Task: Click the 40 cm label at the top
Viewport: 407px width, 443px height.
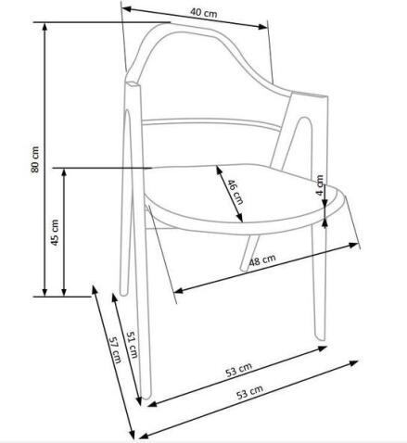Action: click(203, 13)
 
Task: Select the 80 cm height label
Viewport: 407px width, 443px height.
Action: click(35, 159)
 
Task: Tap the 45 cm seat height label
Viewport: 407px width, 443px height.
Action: click(55, 233)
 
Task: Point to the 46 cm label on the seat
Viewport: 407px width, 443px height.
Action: click(235, 192)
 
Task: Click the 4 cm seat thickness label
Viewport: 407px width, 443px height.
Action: click(320, 185)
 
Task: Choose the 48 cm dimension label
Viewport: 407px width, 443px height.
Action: click(262, 260)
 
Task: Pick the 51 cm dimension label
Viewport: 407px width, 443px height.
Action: click(132, 345)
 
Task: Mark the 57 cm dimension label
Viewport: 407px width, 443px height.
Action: click(115, 349)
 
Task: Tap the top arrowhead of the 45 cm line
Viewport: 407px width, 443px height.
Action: click(64, 172)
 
